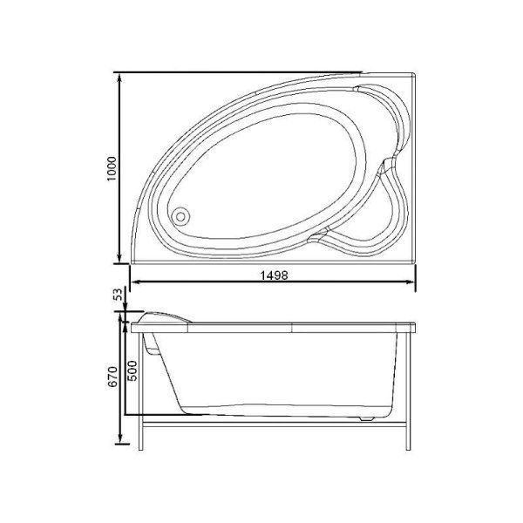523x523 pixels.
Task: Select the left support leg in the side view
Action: click(142, 388)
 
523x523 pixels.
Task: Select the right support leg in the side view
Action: click(406, 388)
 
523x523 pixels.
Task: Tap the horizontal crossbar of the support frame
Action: click(274, 427)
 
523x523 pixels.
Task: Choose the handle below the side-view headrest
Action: click(155, 346)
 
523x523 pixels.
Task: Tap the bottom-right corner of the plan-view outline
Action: click(415, 262)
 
